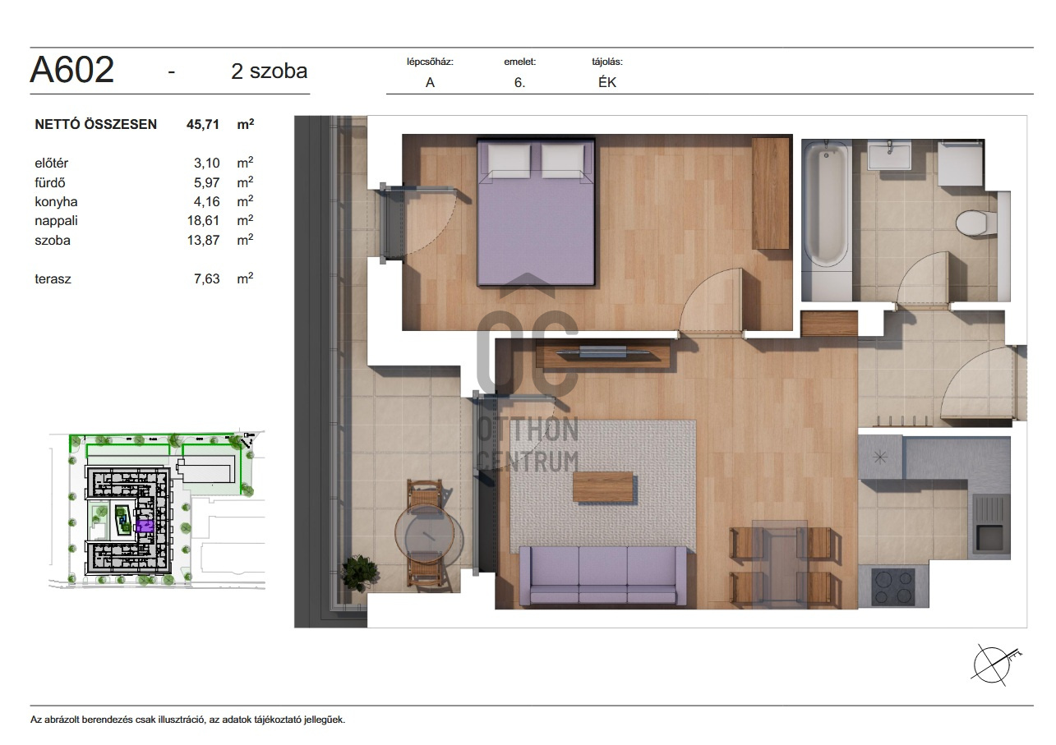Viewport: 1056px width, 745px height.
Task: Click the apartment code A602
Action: [x=71, y=69]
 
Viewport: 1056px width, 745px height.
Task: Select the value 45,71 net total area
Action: [x=203, y=124]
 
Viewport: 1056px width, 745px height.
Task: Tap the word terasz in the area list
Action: [x=53, y=279]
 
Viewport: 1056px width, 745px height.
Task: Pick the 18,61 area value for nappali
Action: [x=204, y=220]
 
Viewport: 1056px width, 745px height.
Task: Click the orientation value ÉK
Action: [x=607, y=82]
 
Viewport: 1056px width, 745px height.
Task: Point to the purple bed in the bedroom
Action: [x=536, y=212]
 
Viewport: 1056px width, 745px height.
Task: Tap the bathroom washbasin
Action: [x=889, y=154]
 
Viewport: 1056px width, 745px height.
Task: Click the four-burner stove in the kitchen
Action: [x=893, y=586]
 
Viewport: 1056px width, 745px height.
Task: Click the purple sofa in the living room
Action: [x=602, y=575]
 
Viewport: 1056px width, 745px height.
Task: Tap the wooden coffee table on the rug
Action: [x=602, y=487]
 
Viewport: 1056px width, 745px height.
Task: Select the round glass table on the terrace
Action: [x=424, y=532]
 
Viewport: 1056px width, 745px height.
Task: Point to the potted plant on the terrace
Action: [x=360, y=573]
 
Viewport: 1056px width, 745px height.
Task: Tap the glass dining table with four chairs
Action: [x=780, y=563]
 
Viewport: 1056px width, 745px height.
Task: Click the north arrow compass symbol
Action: [x=992, y=665]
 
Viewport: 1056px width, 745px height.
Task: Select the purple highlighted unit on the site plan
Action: [x=145, y=527]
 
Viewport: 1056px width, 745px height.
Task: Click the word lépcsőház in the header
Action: [x=430, y=62]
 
